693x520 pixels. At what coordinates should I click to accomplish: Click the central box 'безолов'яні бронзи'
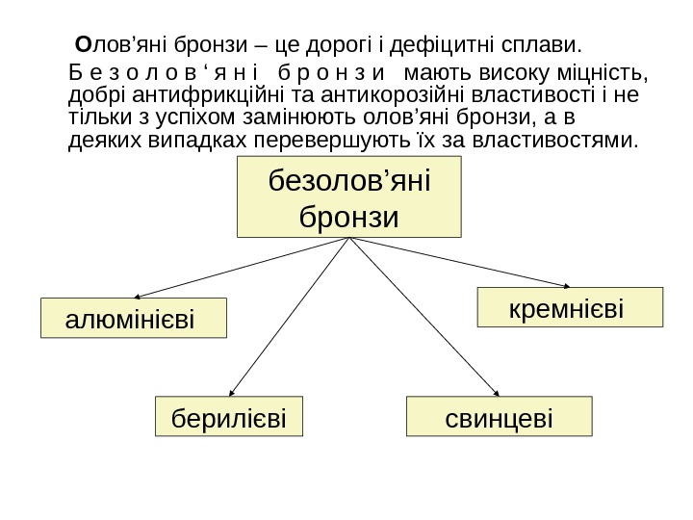tap(349, 197)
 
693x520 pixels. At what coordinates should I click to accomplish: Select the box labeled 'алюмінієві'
tap(134, 318)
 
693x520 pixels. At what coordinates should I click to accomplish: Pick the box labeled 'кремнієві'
tap(571, 308)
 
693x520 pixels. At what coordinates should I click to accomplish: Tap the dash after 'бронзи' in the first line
tap(260, 44)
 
